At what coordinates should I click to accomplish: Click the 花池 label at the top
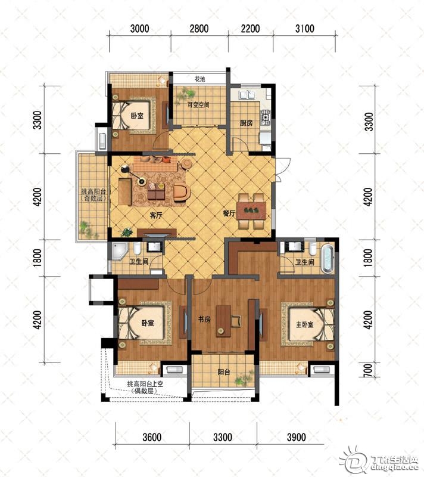click(199, 79)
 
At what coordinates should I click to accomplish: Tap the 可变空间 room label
click(198, 105)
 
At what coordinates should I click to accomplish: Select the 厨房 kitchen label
click(246, 123)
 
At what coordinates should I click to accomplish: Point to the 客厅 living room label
click(156, 215)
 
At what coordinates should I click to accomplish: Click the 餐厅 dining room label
click(229, 213)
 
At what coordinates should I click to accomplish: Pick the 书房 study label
click(204, 320)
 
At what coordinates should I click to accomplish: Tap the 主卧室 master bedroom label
click(304, 325)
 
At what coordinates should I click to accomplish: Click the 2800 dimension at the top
click(199, 29)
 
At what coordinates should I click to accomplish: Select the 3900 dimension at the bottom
click(296, 438)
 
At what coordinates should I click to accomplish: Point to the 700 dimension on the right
click(367, 370)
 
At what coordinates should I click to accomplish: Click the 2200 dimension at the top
click(250, 29)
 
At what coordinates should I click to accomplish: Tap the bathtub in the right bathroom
click(327, 258)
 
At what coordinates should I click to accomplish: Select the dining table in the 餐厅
click(251, 210)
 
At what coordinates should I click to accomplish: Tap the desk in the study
click(223, 321)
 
